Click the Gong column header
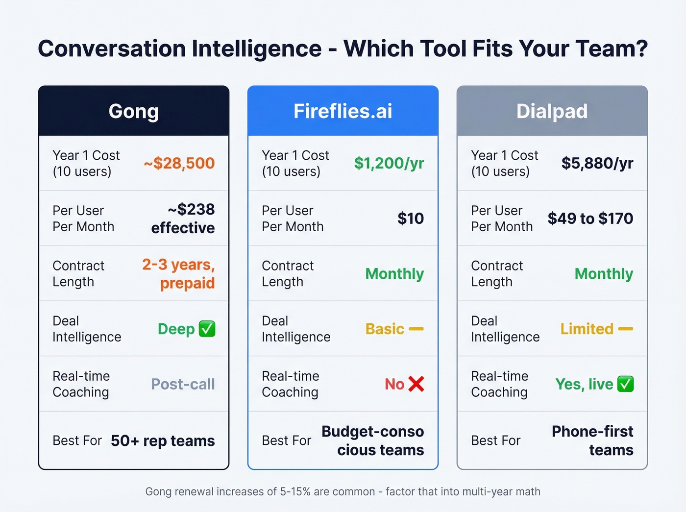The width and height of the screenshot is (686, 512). point(134,111)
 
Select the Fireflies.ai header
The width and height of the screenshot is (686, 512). point(343,111)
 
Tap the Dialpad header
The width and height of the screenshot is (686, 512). point(552,111)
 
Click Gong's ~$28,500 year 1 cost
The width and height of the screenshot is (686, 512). point(179,163)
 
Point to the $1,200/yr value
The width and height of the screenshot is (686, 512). point(389,163)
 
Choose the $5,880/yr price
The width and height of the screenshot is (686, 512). point(597,163)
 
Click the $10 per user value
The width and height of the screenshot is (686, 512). point(411,219)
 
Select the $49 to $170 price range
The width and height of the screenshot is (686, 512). point(590,219)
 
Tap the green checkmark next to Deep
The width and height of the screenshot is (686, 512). point(207,329)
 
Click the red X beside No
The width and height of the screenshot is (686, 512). point(416,384)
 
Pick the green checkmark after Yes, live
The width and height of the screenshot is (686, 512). point(625,384)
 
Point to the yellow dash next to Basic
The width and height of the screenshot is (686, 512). point(416,329)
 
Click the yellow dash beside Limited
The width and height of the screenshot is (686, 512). point(625,329)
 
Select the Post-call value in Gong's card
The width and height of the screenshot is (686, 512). point(183,384)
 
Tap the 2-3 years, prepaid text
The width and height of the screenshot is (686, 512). point(179,274)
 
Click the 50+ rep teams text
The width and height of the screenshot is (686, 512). point(163,441)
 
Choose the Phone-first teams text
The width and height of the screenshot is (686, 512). point(593,440)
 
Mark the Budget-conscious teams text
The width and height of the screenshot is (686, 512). point(373,440)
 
